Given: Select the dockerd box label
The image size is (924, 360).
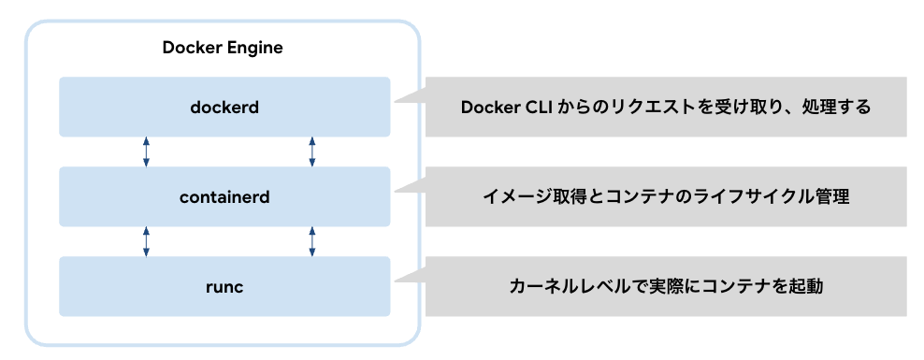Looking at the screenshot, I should click(x=224, y=107).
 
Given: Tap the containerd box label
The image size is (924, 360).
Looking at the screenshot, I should click(x=224, y=196).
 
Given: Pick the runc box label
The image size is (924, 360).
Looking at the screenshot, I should click(x=224, y=286).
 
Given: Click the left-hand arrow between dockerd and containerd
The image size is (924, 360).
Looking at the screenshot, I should click(x=146, y=151).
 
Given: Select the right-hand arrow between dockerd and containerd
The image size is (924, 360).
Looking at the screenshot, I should click(x=311, y=151).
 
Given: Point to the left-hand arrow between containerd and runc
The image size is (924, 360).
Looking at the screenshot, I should click(x=146, y=241).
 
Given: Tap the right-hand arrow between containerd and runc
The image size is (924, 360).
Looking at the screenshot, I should click(x=311, y=241).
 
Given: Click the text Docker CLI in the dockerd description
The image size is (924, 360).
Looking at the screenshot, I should click(x=506, y=107).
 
